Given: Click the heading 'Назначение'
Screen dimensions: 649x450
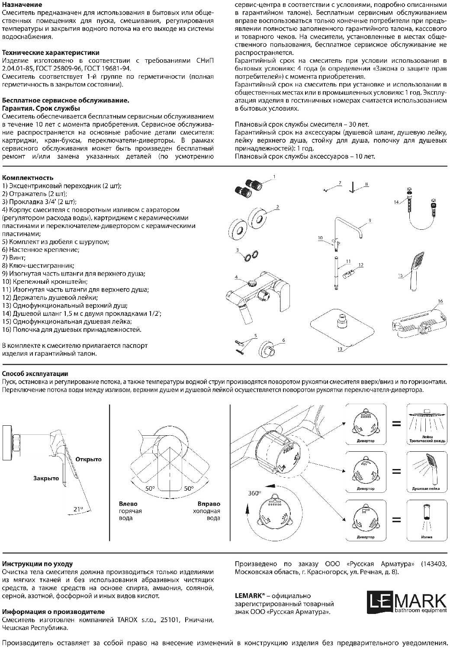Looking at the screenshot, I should coord(22,5).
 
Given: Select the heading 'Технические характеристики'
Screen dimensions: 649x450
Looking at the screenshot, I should coord(51,53).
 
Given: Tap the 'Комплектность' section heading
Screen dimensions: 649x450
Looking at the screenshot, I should coord(28,178).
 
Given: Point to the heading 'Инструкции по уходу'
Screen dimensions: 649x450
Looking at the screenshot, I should coord(37,564).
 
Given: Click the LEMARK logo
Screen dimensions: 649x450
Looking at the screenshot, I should coord(407,603).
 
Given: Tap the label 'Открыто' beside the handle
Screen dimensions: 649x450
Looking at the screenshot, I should coord(88,459).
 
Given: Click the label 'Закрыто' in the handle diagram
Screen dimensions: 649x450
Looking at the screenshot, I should coord(46,479).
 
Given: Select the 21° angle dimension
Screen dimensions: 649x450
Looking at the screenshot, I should coord(78,509).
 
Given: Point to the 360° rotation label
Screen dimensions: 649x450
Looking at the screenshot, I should coord(254,493).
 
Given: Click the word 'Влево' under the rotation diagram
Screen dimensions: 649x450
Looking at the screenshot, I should coord(128,504).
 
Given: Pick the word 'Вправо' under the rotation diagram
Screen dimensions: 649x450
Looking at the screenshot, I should coord(209,504).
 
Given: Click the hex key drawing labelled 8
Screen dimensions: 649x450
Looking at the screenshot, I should coord(353,187).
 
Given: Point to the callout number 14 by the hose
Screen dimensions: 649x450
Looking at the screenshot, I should coord(396,202).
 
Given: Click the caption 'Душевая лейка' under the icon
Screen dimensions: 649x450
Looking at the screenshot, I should coord(426,488).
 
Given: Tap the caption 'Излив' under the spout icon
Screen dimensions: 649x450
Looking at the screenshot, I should coord(426,537).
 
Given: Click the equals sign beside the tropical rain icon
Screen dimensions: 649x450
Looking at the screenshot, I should coord(396,424).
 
